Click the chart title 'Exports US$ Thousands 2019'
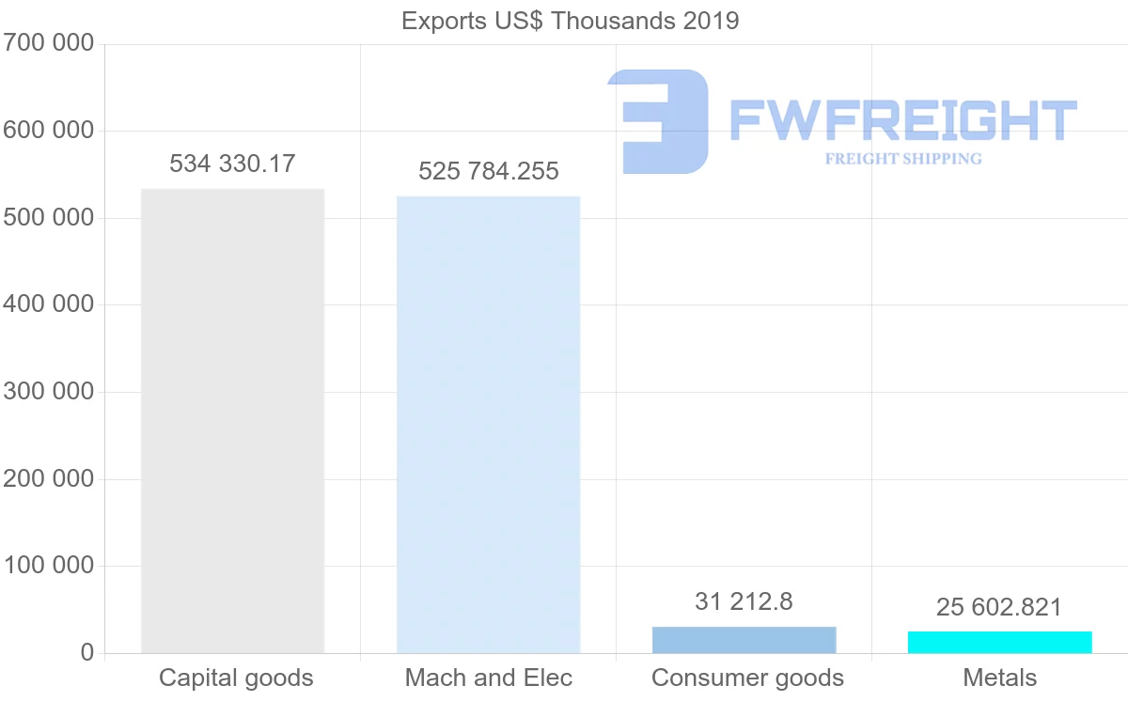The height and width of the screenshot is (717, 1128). (x=570, y=21)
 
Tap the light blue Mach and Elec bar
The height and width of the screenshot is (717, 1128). (x=488, y=424)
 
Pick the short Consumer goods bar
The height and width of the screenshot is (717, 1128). (x=744, y=640)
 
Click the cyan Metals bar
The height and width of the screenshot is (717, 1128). (x=999, y=643)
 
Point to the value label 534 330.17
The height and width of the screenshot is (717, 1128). (x=232, y=164)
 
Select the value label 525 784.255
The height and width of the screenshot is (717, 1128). (x=488, y=171)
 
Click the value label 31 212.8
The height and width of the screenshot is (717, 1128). (x=744, y=601)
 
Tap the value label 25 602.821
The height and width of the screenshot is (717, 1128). (x=999, y=607)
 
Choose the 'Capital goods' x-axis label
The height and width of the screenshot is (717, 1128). (x=236, y=678)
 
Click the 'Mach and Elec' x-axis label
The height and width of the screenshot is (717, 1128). (x=488, y=678)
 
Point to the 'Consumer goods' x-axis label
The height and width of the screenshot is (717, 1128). (x=747, y=678)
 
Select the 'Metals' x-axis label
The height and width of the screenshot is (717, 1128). (x=999, y=678)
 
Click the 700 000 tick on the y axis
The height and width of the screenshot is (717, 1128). (x=49, y=43)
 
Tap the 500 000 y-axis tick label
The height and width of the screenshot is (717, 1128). (x=49, y=218)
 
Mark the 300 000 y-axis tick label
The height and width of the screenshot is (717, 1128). (x=49, y=392)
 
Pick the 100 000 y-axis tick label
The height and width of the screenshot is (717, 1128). (x=49, y=566)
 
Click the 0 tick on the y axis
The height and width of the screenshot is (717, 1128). (x=87, y=653)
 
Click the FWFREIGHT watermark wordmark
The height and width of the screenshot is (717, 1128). (x=902, y=120)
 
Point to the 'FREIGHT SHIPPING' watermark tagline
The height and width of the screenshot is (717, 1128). (x=903, y=159)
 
